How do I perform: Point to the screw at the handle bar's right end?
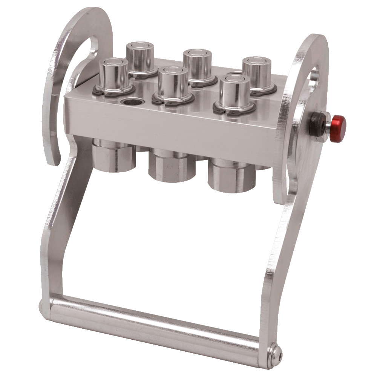click(276, 353)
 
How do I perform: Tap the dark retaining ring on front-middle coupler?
click(172, 101)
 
